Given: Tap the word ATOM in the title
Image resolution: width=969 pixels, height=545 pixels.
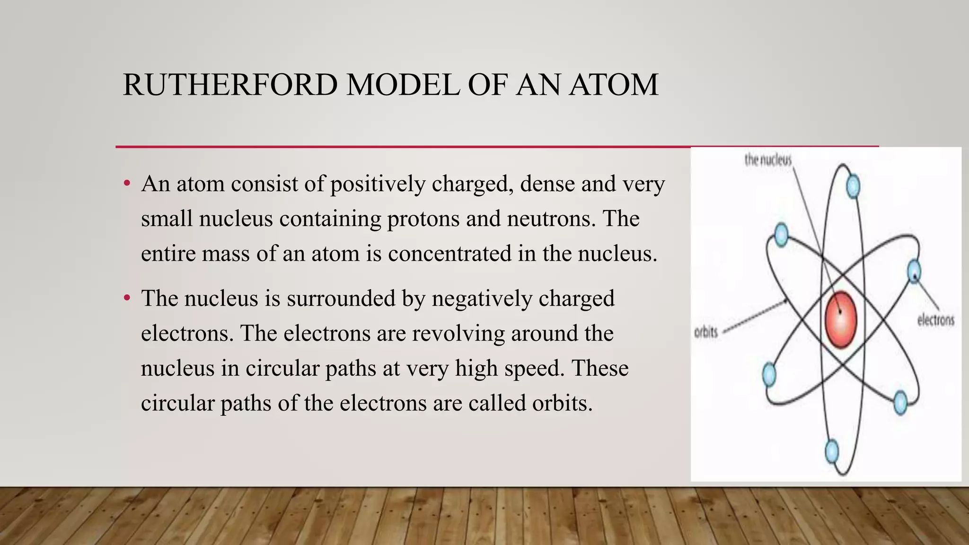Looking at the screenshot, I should [613, 85].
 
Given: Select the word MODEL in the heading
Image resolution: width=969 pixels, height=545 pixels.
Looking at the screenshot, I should [403, 85].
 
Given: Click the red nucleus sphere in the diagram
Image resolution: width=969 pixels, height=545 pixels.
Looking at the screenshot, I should [841, 319].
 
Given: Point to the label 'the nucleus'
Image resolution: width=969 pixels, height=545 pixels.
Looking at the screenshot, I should [767, 160].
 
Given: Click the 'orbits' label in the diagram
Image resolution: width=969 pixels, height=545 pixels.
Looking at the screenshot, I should [705, 332].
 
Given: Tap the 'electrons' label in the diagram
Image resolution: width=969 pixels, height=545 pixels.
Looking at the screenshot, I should [935, 320].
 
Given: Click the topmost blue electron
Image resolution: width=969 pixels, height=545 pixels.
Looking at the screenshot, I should [853, 186].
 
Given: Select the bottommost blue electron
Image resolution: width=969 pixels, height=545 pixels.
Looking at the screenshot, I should [831, 451].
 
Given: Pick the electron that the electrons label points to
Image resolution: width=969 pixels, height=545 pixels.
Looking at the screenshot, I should [914, 271].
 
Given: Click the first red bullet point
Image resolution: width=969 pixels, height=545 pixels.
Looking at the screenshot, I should [126, 184].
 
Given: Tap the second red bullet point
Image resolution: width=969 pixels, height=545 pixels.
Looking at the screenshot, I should [126, 299].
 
